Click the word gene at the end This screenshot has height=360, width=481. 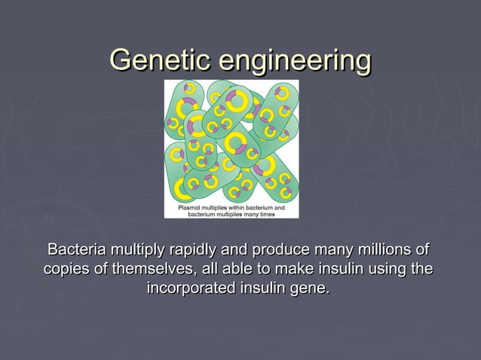(311, 288)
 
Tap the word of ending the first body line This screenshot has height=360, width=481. (423, 249)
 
